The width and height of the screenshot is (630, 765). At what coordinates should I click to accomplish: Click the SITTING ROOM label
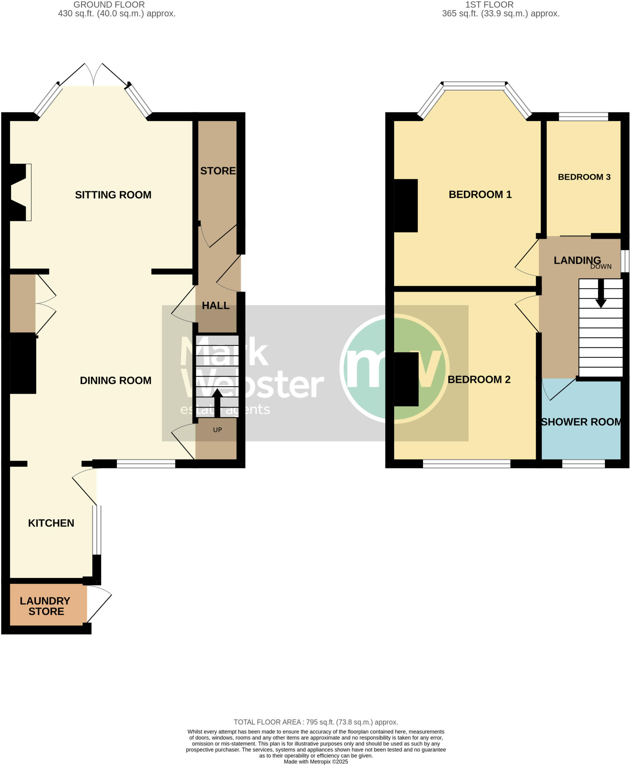coord(113,195)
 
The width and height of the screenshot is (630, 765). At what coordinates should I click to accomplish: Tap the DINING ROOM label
coord(115,380)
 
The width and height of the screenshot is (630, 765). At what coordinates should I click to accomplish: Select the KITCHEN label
coord(51,523)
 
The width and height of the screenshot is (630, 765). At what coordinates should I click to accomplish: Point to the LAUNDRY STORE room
coord(45,606)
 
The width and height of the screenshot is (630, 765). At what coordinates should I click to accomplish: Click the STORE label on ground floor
coord(218,171)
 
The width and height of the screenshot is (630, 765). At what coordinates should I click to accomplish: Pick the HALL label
coord(216,306)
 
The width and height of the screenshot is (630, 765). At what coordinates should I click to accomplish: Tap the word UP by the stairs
coord(217,430)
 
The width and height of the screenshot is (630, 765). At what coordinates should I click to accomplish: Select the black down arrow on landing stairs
coord(601,294)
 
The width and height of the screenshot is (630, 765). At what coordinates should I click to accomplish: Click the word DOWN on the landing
coord(601,267)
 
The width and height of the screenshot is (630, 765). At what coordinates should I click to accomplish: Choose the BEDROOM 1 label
coord(480,194)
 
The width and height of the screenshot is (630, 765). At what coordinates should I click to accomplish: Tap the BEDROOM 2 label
coord(479,380)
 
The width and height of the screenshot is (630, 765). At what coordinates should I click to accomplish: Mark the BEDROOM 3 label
coord(584,177)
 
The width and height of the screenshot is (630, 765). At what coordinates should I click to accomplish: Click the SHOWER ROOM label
coord(581,422)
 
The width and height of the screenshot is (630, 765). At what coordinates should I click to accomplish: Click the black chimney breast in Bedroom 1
coord(406,205)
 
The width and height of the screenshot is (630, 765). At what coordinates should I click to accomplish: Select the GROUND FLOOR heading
coord(109,5)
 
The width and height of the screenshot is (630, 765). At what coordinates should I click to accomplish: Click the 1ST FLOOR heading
coord(489,5)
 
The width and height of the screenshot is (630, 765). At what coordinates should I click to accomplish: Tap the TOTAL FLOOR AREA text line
coord(316,722)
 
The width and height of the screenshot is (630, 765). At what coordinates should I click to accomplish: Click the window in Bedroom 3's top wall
coord(583,117)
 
